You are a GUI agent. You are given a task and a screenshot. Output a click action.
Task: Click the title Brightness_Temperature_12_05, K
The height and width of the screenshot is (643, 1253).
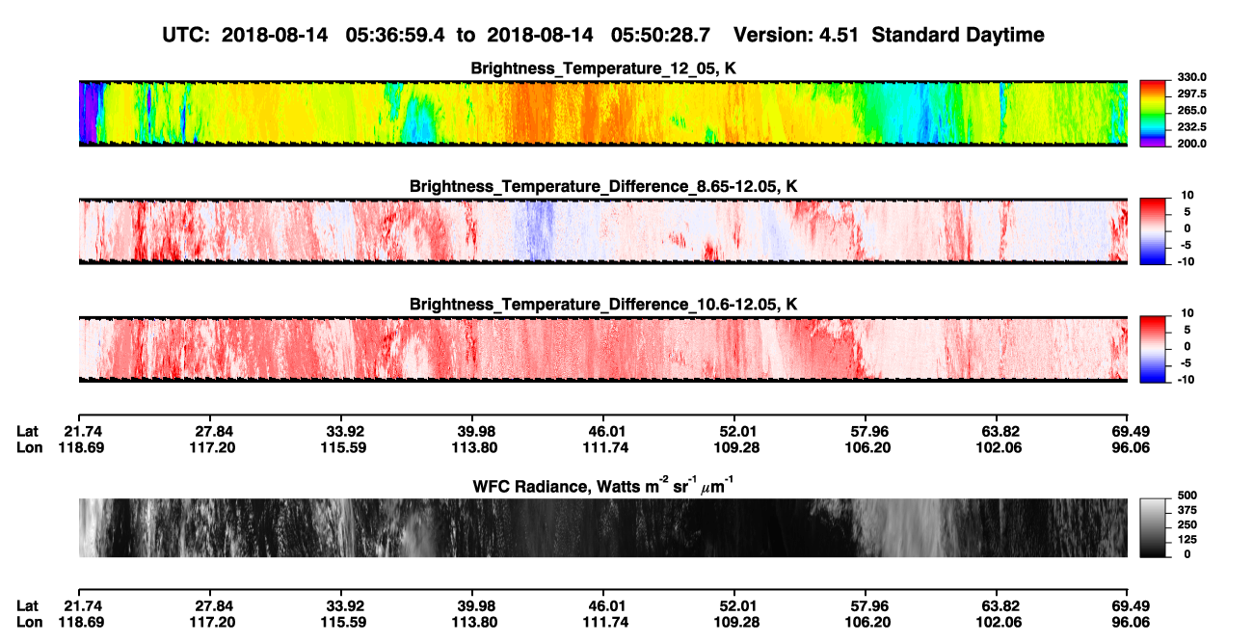point(603,68)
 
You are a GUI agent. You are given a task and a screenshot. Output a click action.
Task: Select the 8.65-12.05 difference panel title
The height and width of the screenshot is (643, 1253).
point(603,186)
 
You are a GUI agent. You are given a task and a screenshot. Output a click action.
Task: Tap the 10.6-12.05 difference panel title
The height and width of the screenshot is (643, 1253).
point(603,305)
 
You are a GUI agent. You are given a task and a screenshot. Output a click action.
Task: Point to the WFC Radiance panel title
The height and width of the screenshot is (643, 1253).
point(603,485)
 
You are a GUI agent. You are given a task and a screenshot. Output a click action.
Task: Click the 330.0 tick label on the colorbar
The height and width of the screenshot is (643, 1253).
point(1191,77)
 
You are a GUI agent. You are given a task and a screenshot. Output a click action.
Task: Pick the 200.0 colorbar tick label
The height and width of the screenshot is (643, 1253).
point(1191,144)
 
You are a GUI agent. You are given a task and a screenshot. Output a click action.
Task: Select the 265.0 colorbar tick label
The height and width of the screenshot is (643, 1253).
point(1191,110)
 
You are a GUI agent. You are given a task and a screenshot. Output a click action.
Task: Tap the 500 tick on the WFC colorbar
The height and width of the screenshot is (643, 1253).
point(1186,496)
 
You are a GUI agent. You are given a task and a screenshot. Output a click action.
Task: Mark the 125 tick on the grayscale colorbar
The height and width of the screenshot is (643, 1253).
point(1186,540)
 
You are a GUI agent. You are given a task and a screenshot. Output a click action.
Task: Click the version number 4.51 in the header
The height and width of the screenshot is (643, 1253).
point(836,36)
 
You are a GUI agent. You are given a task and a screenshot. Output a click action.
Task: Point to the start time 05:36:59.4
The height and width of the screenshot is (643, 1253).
point(395,36)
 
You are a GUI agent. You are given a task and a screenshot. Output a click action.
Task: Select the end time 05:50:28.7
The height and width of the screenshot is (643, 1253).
point(660,36)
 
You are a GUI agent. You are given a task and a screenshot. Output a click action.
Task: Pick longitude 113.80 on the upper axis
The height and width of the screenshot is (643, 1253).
point(475,447)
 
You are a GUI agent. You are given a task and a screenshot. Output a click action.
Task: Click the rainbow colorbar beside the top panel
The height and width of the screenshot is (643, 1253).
point(1153,114)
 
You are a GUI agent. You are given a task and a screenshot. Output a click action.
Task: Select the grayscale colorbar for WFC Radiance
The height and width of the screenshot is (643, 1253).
point(1153,527)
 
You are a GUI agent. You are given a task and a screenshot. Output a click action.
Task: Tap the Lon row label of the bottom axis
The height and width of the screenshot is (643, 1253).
point(30,623)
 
